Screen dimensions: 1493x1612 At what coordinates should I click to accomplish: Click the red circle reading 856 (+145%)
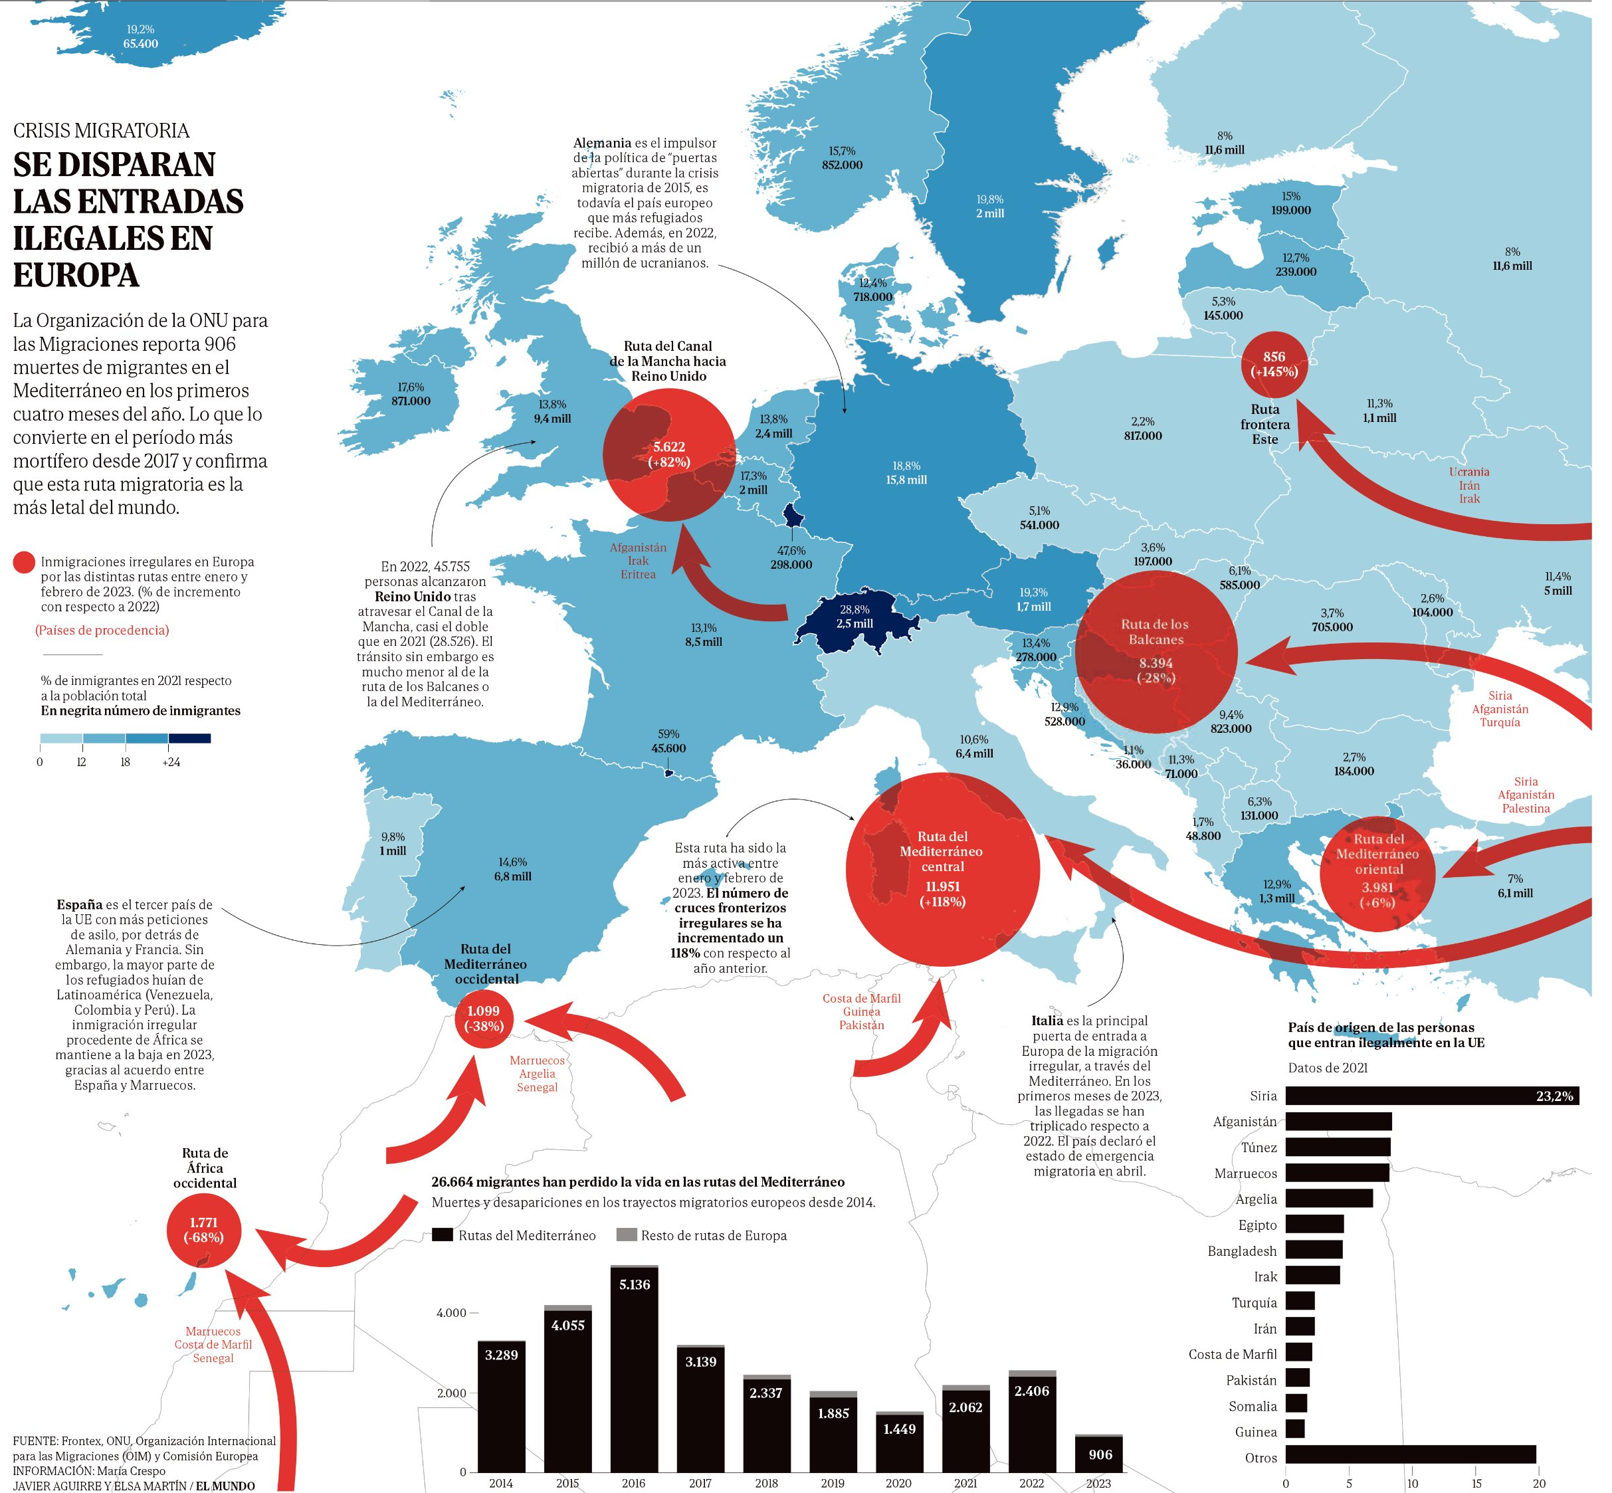(x=1274, y=364)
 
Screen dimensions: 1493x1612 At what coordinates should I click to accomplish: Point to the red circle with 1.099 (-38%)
(x=484, y=1019)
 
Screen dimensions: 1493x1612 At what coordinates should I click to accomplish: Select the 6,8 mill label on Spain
(x=513, y=876)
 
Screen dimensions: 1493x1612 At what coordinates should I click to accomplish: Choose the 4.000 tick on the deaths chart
(x=452, y=1313)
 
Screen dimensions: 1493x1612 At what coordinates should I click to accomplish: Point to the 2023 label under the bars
(x=1098, y=1483)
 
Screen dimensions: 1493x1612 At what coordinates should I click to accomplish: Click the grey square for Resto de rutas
(x=626, y=1235)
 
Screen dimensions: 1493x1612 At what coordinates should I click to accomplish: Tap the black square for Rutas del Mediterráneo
(x=442, y=1235)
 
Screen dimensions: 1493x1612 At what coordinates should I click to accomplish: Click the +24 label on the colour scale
(x=171, y=762)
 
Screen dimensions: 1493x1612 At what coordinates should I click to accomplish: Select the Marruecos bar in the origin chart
(x=1338, y=1173)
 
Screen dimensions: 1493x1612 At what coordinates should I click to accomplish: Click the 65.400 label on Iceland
(x=141, y=44)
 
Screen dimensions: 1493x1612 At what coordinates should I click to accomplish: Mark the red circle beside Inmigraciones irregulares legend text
(x=24, y=563)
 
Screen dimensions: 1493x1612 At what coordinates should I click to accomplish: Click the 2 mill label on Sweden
(x=990, y=213)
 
